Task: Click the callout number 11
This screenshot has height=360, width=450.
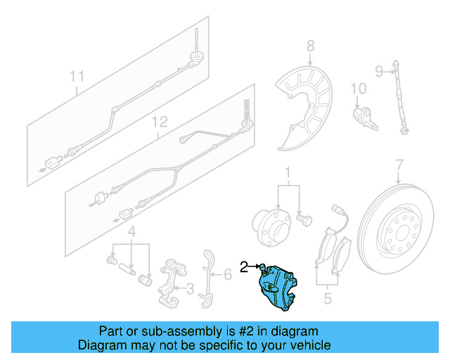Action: (77, 75)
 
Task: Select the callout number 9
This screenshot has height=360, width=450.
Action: (378, 70)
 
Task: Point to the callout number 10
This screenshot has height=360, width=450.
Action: (359, 89)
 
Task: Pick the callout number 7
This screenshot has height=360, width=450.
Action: (399, 166)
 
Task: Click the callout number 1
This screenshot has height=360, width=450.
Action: (288, 173)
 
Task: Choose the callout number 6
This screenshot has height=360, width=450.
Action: (227, 275)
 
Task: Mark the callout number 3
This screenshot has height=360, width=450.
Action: (189, 288)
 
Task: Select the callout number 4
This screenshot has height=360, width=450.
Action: (131, 232)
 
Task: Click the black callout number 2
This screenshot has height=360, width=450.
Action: (244, 266)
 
